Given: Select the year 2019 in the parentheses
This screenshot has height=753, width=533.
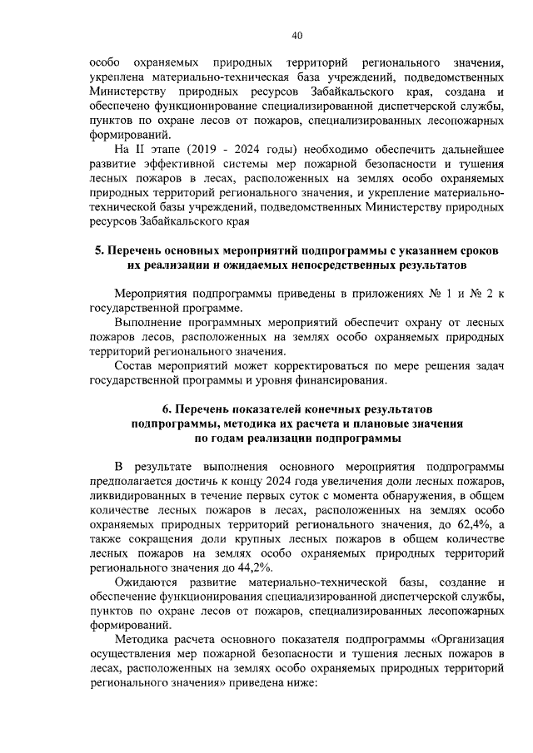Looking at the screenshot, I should coord(206,149).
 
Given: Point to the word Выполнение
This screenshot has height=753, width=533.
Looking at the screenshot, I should coord(150,322).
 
